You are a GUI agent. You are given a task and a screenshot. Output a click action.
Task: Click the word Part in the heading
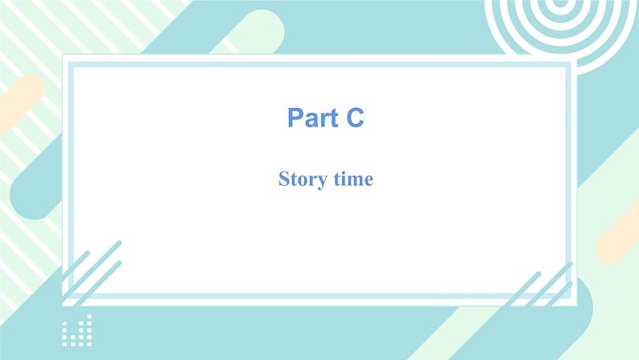pos(313,118)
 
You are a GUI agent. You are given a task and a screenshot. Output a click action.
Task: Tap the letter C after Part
pos(355,118)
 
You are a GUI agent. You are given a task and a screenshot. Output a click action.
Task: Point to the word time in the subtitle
pos(351,179)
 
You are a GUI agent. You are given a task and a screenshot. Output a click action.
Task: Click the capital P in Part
pos(295,118)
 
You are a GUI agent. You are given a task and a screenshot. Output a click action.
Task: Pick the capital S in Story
pos(283,179)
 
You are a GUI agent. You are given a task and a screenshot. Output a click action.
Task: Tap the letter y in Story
pos(318,180)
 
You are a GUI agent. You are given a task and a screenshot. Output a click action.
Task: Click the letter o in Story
pos(300,180)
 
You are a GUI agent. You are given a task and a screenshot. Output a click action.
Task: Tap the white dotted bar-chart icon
pos(77,329)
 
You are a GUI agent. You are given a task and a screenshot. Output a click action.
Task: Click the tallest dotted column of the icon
pos(89,329)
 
